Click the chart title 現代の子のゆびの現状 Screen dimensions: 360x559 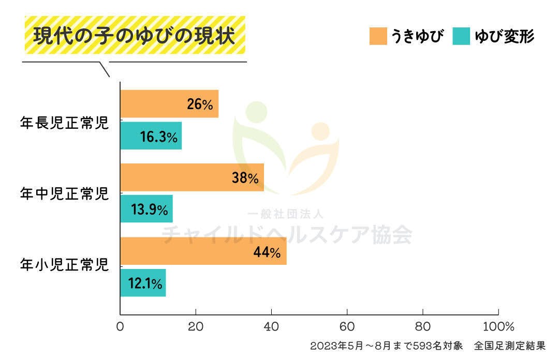(135, 36)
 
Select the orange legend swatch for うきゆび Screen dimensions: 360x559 (378, 36)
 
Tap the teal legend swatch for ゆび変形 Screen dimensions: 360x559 (461, 36)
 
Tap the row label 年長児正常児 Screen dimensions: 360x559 (64, 124)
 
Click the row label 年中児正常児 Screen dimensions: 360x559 (64, 194)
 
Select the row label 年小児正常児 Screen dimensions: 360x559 (64, 266)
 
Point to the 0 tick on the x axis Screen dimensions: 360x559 (120, 327)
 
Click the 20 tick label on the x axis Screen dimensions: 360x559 (196, 327)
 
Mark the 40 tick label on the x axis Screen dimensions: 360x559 (271, 327)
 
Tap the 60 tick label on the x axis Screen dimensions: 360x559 (347, 327)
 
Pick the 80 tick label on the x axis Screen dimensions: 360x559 (423, 327)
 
